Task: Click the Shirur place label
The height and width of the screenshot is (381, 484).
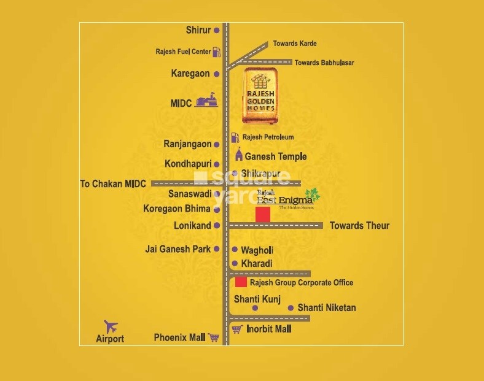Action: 198,30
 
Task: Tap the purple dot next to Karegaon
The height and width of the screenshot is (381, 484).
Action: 216,74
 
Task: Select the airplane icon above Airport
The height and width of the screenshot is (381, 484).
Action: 111,326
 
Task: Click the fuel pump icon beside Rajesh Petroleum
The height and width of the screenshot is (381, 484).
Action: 235,137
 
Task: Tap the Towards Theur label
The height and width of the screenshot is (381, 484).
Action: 359,226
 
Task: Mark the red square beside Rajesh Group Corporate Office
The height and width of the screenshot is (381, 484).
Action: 241,282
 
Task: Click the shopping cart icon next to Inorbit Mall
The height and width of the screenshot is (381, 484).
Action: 236,329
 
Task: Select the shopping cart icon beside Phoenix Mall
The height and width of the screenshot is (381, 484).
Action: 213,337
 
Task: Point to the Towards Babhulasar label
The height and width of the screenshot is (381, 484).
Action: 324,63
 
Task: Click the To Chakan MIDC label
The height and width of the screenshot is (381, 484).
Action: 114,183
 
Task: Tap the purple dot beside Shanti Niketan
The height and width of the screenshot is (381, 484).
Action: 291,308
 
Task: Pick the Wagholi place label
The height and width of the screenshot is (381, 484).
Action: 257,250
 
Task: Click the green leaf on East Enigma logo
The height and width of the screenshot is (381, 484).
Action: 313,194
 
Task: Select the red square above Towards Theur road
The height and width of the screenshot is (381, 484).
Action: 263,215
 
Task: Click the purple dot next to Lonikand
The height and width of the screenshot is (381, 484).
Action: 216,226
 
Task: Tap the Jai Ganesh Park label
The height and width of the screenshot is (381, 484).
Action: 178,249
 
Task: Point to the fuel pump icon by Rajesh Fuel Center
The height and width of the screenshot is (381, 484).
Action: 216,52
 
